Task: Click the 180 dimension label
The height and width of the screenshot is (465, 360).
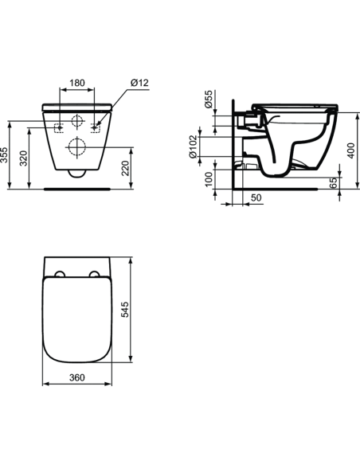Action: [77, 82]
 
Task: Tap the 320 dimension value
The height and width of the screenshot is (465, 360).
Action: [26, 158]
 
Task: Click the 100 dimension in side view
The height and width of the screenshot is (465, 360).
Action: [209, 179]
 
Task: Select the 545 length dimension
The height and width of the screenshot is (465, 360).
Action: [125, 310]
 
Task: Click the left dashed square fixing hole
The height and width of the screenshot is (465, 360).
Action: [58, 127]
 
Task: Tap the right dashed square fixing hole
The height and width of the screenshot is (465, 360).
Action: [96, 127]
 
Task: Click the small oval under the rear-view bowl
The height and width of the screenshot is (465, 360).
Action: [77, 173]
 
